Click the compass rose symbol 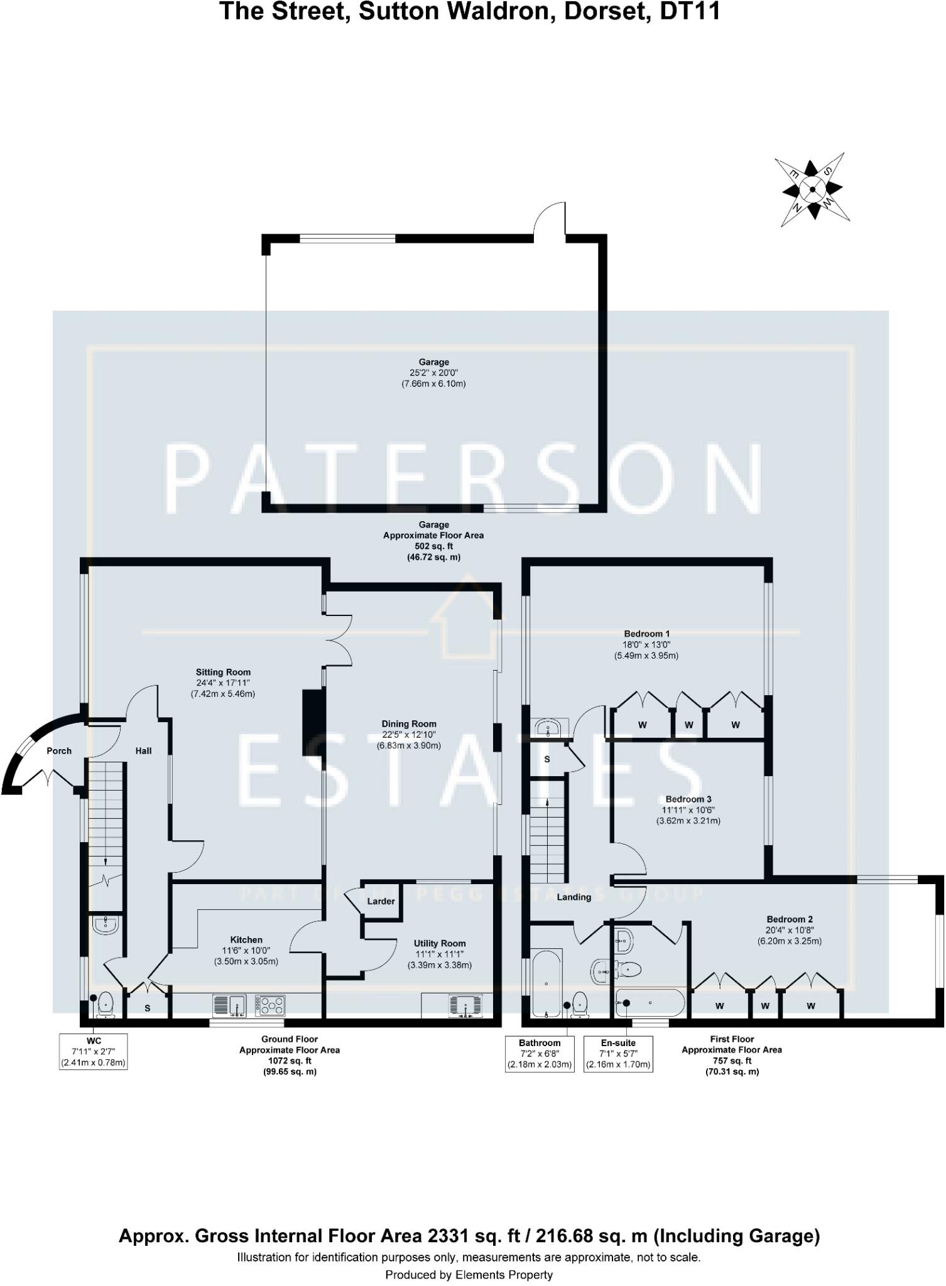click(x=812, y=189)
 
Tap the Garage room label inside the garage click(x=433, y=362)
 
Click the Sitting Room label click(x=223, y=673)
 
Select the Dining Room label click(x=409, y=724)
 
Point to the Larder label click(x=381, y=901)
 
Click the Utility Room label click(x=440, y=943)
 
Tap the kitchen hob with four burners click(x=271, y=1005)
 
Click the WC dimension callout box click(x=94, y=1052)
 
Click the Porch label click(x=59, y=751)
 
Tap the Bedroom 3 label click(x=688, y=799)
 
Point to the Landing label click(x=574, y=897)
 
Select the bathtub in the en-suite click(x=651, y=1003)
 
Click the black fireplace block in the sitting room click(x=313, y=722)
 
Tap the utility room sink click(x=465, y=1005)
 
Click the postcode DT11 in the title click(x=690, y=12)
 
